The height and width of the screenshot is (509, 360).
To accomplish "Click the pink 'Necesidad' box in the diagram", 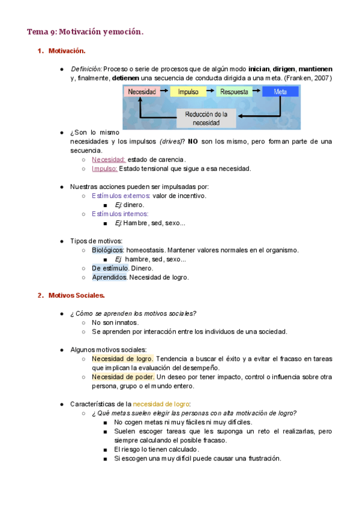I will click(x=142, y=92).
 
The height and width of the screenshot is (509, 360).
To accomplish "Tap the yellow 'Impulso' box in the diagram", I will click(x=188, y=92).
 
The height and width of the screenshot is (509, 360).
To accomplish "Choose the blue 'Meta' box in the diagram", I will click(x=280, y=92).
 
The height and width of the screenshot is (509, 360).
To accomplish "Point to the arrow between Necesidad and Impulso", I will click(x=165, y=92).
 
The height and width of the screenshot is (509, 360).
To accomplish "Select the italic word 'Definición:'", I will click(x=86, y=69).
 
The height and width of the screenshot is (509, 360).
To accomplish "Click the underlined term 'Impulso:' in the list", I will click(x=104, y=169).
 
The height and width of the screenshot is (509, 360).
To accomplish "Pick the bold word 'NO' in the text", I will click(x=192, y=141).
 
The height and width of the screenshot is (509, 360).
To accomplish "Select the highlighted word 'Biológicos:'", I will click(x=108, y=250).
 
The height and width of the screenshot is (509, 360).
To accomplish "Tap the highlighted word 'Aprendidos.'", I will click(x=109, y=277).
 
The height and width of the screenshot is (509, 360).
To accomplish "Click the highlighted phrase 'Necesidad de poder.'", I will click(x=123, y=376).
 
